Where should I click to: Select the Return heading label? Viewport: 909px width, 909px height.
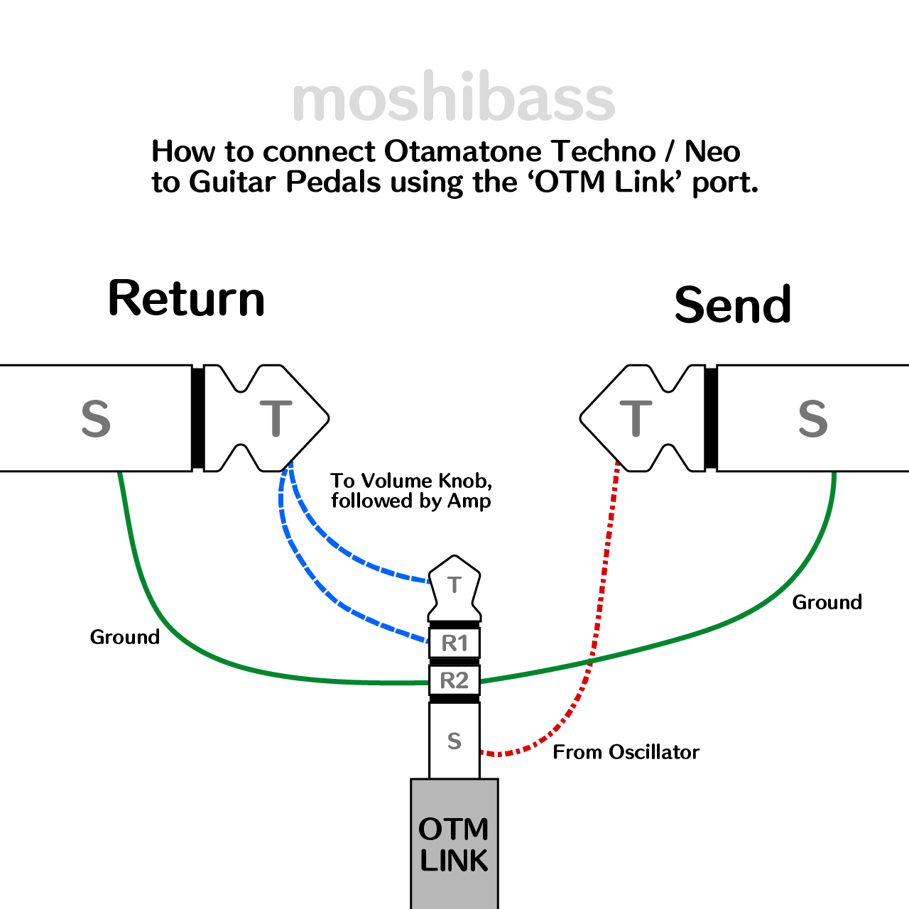pos(186,298)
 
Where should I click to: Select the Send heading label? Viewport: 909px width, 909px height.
pos(732,305)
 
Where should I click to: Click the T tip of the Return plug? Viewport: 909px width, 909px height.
pos(276,418)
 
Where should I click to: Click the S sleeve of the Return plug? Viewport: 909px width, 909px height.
pos(96,418)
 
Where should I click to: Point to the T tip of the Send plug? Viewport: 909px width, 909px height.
pos(636,418)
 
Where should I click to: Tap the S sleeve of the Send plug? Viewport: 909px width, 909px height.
pos(813,418)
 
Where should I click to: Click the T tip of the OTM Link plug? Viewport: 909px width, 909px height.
pos(454,585)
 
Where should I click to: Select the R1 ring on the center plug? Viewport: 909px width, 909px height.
pos(454,643)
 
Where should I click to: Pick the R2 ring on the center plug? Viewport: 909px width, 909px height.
pos(454,680)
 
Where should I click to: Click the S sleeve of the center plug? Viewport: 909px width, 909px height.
pos(454,741)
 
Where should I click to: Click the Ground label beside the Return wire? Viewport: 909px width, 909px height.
pos(124,637)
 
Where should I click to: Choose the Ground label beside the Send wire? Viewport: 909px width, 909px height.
pos(827,602)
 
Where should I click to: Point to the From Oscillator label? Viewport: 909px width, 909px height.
pos(626,752)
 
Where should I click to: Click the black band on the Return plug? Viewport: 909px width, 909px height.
pos(198,418)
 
